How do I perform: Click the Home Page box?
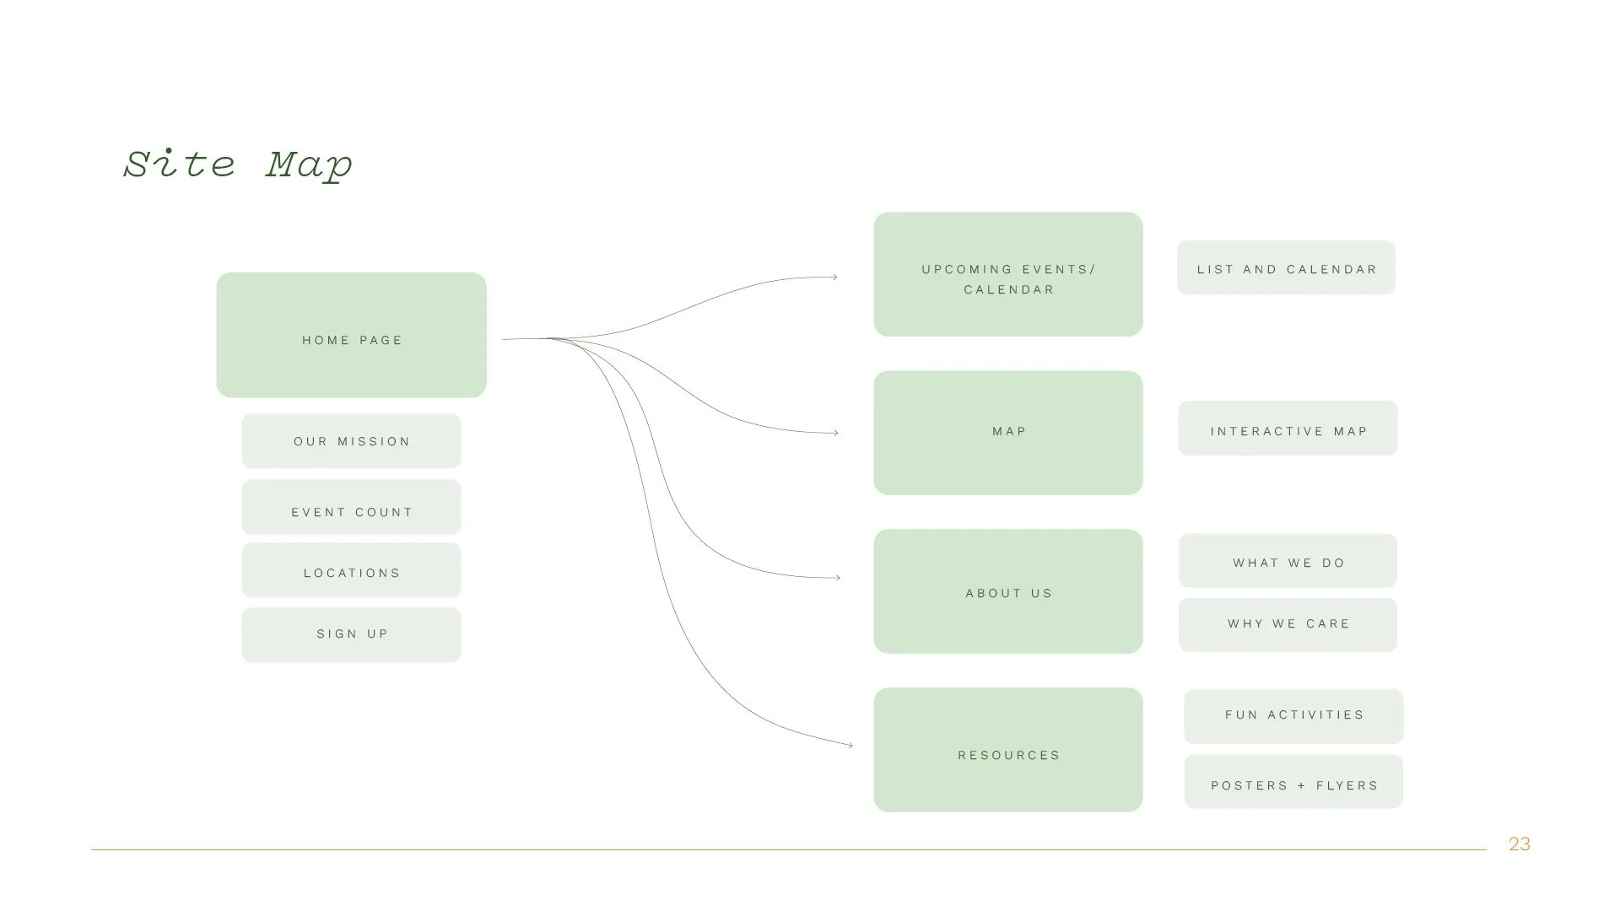coord(351,335)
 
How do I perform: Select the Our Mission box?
coord(351,440)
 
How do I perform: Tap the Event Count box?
coord(351,507)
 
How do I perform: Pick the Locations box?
coord(351,570)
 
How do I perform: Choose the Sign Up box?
coord(351,634)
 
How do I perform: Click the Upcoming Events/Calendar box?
coord(1007,274)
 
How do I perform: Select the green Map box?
coord(1007,433)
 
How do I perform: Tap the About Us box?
coord(1007,591)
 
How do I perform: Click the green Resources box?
coord(1007,750)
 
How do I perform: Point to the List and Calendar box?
coord(1286,267)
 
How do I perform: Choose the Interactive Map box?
coord(1288,429)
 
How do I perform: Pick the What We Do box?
coord(1288,560)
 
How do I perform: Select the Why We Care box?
coord(1288,625)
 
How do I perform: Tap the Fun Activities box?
coord(1293,716)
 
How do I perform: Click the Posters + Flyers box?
coord(1293,782)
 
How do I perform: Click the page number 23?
coord(1519,844)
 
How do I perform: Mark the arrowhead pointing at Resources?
coord(849,745)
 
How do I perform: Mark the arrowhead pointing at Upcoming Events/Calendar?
coord(834,277)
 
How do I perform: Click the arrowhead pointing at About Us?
coord(837,578)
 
